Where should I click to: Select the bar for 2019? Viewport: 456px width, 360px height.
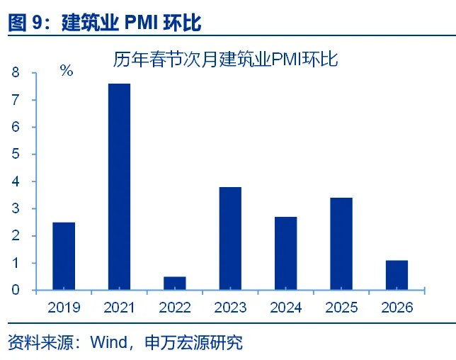point(64,256)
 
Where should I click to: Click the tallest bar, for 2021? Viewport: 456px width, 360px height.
point(119,187)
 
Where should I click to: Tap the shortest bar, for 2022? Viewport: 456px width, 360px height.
point(174,283)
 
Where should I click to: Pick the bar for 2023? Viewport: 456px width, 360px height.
point(230,238)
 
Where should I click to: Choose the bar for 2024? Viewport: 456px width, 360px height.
point(285,253)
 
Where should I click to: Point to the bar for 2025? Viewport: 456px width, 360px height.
point(341,244)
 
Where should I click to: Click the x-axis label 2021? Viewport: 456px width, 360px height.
point(120,308)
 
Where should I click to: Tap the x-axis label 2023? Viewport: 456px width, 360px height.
point(230,308)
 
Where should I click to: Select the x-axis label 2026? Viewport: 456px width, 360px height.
point(397,308)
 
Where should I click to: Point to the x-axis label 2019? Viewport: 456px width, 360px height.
point(64,308)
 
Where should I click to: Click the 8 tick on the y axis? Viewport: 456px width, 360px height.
point(15,73)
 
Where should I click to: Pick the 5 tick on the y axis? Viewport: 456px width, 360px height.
point(15,154)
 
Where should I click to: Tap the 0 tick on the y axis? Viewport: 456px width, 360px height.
point(15,291)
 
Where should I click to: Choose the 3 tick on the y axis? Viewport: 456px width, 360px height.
point(15,209)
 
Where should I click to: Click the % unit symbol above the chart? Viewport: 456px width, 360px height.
point(67,71)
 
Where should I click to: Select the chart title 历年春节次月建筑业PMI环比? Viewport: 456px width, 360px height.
point(226,60)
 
